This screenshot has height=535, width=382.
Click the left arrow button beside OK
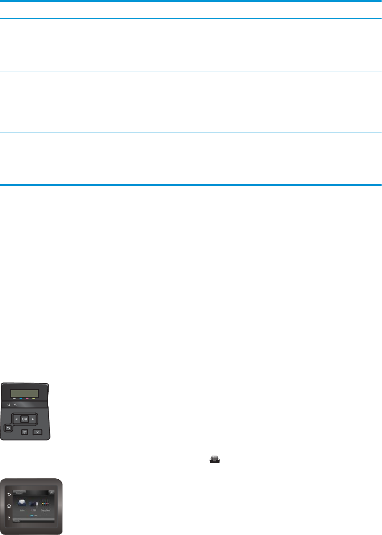click(17, 419)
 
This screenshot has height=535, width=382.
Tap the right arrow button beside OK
click(33, 419)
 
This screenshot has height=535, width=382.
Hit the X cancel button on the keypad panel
click(37, 432)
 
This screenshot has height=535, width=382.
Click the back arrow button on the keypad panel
click(8, 428)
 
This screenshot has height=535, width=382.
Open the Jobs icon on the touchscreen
click(22, 502)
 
